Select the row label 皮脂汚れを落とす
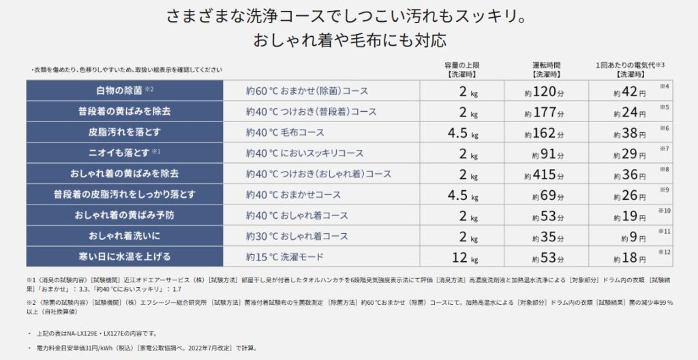(124, 132)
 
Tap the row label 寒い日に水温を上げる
(124, 257)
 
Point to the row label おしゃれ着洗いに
(124, 236)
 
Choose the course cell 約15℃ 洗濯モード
(284, 257)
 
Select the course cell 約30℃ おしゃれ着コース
(297, 236)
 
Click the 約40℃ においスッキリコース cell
(305, 153)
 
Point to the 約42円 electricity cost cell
(628, 91)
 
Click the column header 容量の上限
(464, 65)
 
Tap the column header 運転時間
(546, 65)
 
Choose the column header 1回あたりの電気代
(628, 65)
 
